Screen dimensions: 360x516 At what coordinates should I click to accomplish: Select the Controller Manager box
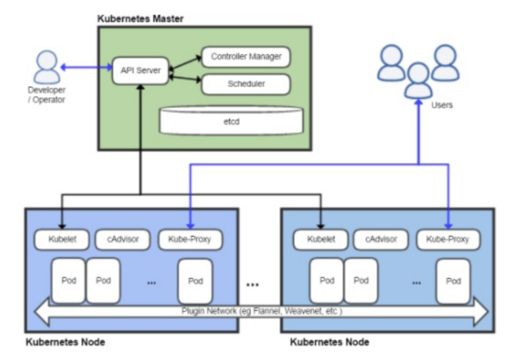pos(246,57)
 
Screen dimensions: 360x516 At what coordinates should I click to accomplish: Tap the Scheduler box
pos(246,84)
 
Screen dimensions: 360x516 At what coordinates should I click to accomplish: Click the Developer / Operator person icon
pos(47,68)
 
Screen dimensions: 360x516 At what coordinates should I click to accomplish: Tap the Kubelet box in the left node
pos(62,239)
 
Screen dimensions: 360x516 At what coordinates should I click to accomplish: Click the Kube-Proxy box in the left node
pos(190,239)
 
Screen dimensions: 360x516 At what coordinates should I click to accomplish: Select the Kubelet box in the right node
pos(320,239)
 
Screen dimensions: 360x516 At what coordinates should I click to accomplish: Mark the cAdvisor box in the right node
pos(381,239)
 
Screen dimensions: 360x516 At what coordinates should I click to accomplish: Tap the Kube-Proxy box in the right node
pos(448,239)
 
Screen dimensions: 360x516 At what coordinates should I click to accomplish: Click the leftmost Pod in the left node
pos(69,280)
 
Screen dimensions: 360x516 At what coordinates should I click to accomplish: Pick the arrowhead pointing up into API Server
pos(140,89)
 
